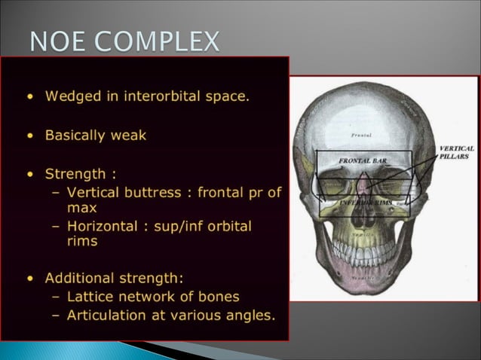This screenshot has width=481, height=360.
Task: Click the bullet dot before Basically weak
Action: pyautogui.click(x=29, y=137)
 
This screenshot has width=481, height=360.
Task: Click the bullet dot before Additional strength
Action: pyautogui.click(x=29, y=278)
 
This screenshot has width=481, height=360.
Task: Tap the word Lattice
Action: pyautogui.click(x=90, y=295)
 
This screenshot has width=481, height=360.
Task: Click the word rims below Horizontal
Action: pyautogui.click(x=82, y=242)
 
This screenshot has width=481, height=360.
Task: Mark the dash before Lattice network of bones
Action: pyautogui.click(x=58, y=295)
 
